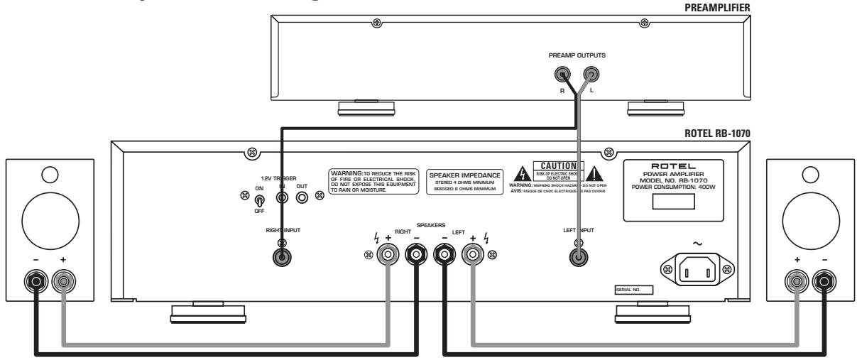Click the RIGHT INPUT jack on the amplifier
tap(282, 258)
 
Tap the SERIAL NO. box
tap(633, 290)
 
